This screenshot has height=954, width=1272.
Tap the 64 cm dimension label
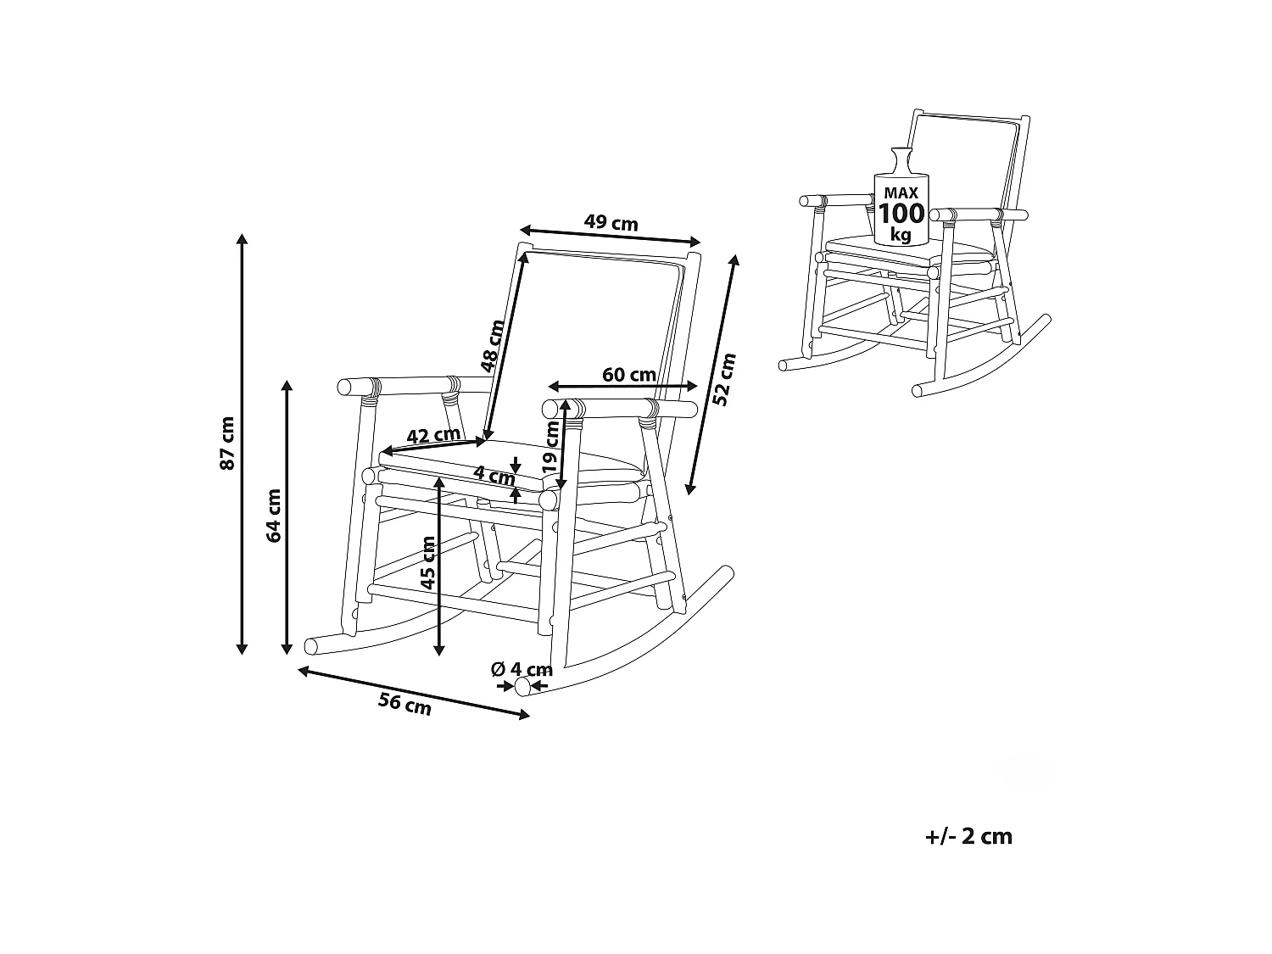[273, 515]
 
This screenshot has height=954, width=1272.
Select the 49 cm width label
[611, 223]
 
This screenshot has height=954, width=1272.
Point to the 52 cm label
[725, 379]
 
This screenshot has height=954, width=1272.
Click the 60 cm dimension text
[628, 374]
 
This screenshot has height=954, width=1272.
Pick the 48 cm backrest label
[493, 346]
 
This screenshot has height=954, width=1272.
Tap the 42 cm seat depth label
[432, 436]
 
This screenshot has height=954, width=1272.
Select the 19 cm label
[552, 449]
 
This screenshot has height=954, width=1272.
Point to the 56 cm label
[404, 703]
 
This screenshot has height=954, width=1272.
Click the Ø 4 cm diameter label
[522, 669]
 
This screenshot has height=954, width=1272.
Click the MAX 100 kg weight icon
[900, 199]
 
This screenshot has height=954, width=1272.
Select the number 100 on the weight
[901, 214]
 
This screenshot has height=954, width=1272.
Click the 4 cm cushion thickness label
[494, 475]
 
